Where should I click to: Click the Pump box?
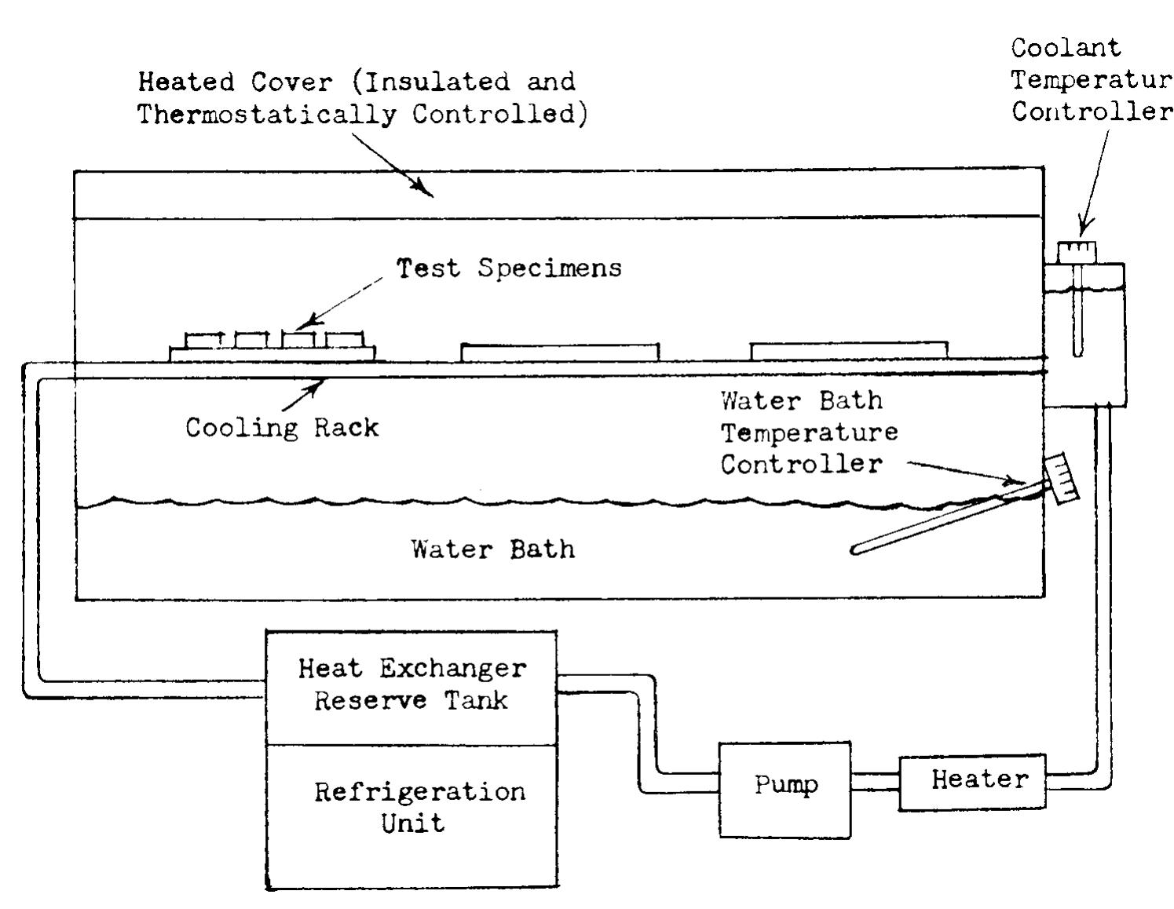coord(784,789)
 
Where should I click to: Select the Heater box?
coord(972,781)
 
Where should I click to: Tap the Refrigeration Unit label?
coord(418,807)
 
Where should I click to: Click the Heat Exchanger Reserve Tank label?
coord(411,684)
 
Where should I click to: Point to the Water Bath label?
coord(492,549)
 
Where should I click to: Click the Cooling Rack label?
coord(281,428)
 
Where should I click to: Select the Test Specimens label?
coord(509,268)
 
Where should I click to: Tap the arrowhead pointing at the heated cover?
coord(425,190)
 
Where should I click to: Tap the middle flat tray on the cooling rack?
coord(559,352)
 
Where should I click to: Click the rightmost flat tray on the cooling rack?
coord(848,351)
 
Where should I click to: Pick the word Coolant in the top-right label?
coord(1065,49)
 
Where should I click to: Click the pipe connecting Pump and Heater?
coord(874,782)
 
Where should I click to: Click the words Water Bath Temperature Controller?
coord(808,433)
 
